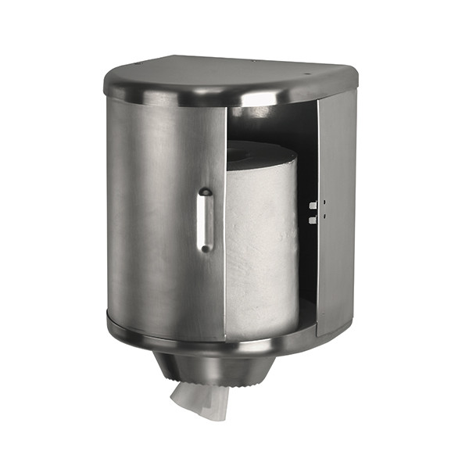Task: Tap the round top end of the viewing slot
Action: click(205, 192)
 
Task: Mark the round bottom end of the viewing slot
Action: click(205, 248)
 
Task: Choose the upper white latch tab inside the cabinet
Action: click(312, 206)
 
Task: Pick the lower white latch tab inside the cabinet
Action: click(312, 220)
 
